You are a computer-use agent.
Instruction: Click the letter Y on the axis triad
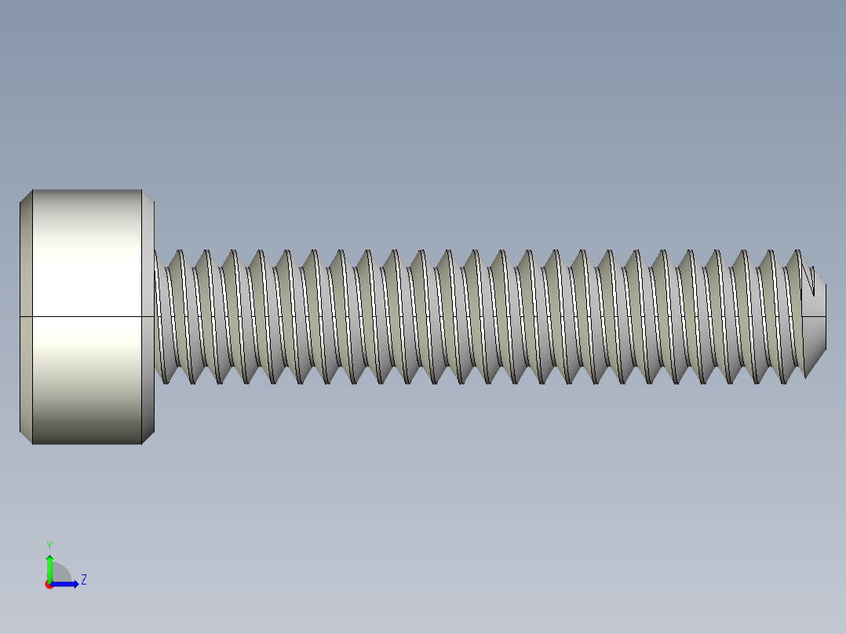tap(49, 545)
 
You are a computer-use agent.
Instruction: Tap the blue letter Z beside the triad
tap(83, 580)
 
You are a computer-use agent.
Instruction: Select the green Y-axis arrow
tap(49, 565)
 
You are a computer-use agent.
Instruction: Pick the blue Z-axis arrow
tap(67, 584)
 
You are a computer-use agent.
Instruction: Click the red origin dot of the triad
tap(49, 585)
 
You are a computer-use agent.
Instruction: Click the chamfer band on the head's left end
tap(26, 316)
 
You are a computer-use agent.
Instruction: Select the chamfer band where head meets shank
tap(148, 316)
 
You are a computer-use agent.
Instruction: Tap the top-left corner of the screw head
tap(32, 191)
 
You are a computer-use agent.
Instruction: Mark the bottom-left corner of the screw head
tap(32, 443)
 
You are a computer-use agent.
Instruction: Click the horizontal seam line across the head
tap(86, 316)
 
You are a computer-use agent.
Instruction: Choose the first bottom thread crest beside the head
tap(166, 382)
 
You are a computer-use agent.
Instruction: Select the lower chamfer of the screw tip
tap(816, 357)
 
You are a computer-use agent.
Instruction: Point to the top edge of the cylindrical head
tap(86, 190)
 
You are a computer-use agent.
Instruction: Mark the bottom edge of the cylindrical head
tap(86, 444)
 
